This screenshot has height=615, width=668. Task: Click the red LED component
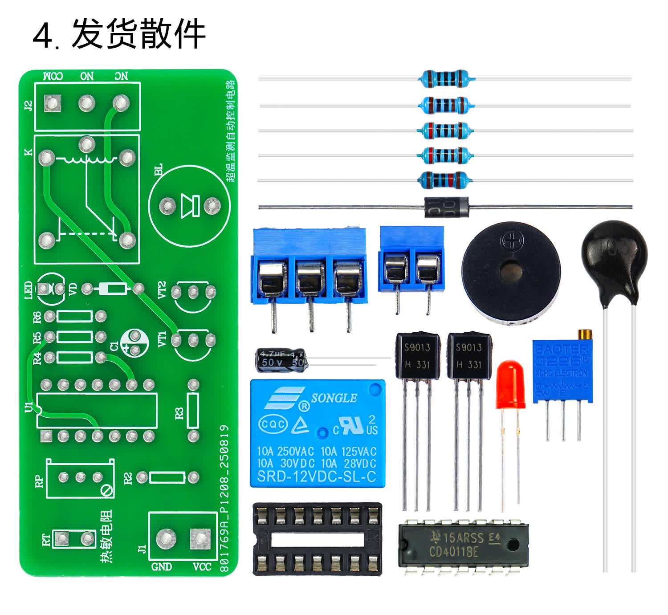click(510, 385)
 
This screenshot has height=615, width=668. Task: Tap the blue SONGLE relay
click(317, 433)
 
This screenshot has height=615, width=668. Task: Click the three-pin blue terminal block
click(309, 267)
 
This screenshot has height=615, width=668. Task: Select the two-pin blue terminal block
click(411, 260)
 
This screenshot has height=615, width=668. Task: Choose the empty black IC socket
click(317, 539)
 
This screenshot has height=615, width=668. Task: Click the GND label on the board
click(161, 566)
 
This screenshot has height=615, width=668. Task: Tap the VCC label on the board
click(202, 566)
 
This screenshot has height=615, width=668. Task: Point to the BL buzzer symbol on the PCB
click(189, 206)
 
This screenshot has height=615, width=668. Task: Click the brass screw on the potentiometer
click(585, 334)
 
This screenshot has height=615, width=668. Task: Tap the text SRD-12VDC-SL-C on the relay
click(317, 477)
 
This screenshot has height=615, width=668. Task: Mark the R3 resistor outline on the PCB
click(193, 411)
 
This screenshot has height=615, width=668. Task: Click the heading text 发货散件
click(138, 34)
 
